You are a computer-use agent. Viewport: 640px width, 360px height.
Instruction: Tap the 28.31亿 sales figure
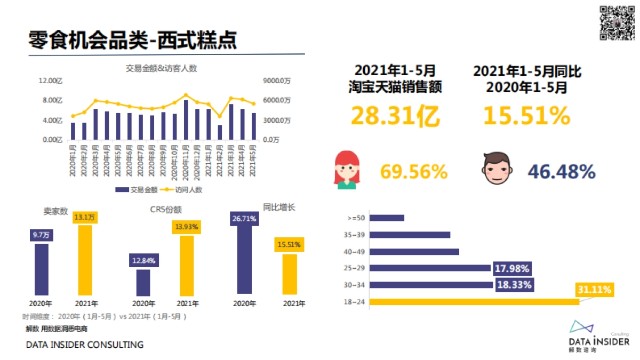click(x=396, y=116)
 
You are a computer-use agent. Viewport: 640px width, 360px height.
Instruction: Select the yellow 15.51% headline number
click(x=527, y=116)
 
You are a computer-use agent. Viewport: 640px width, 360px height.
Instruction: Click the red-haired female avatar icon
click(x=346, y=170)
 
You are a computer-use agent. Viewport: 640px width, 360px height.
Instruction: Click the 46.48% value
click(x=561, y=171)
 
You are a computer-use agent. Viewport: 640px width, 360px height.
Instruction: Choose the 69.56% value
click(x=413, y=171)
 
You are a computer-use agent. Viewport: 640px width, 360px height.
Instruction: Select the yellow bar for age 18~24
click(x=474, y=302)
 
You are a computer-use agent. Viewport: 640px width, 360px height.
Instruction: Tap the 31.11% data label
click(x=594, y=290)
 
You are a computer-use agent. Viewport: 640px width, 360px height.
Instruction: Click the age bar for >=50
click(x=387, y=218)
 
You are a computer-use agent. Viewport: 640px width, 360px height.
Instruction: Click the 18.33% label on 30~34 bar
click(x=514, y=285)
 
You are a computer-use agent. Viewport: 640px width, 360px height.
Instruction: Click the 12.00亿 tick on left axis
click(x=51, y=81)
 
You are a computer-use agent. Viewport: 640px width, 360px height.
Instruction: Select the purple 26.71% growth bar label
click(x=244, y=219)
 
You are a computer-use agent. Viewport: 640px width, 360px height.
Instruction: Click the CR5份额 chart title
click(x=166, y=210)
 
